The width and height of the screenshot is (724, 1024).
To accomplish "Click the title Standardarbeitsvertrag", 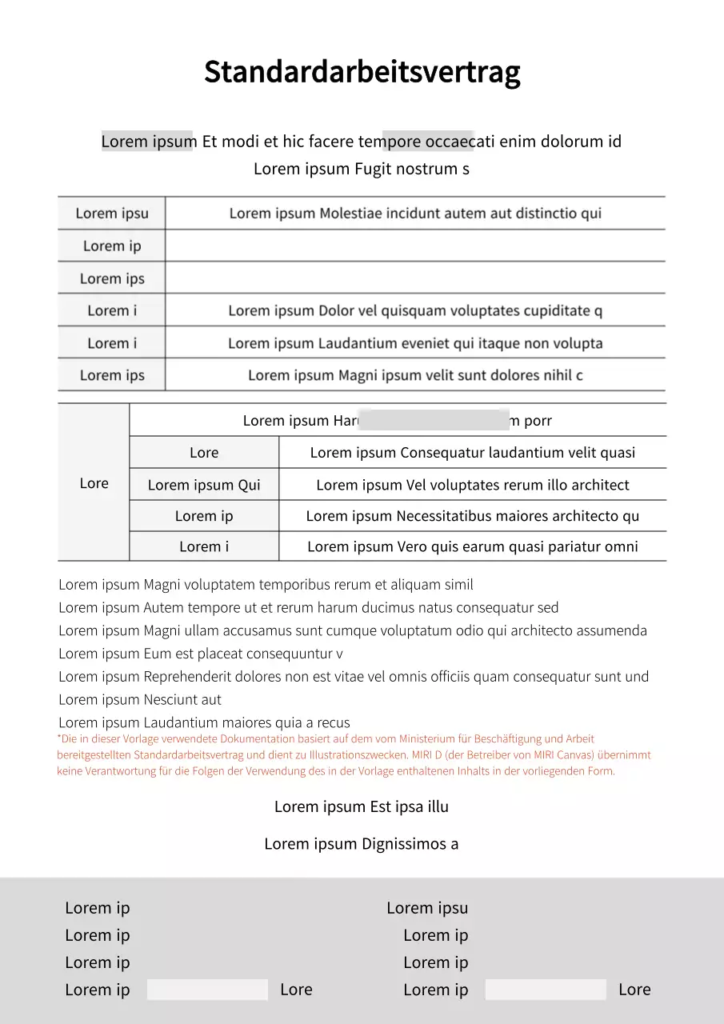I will [x=362, y=72].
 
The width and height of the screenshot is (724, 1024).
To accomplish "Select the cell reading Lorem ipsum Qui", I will [x=204, y=485].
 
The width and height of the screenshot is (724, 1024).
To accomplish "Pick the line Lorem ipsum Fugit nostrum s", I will [x=362, y=169].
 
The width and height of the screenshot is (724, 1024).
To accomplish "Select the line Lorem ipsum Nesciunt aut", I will [x=140, y=700].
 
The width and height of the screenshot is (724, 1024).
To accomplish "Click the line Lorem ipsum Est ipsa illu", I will [x=362, y=806].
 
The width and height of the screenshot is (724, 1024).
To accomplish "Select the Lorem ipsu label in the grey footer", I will [x=427, y=908].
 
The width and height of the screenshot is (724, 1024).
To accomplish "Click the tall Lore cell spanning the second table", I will [x=94, y=483].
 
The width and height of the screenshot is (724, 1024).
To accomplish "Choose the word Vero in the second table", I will [x=415, y=547].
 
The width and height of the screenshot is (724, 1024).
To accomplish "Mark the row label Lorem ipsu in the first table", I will [x=112, y=214].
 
